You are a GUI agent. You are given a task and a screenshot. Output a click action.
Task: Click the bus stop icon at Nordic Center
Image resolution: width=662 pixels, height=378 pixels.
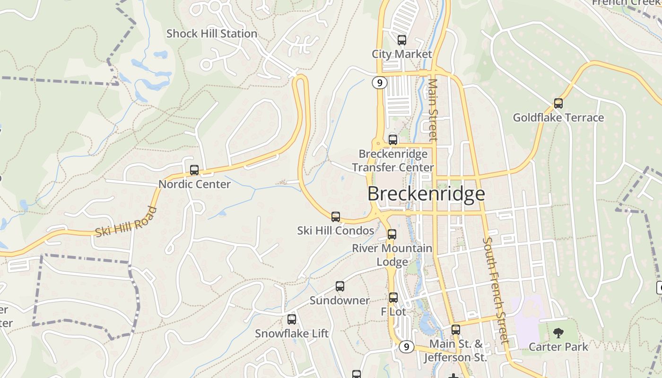coord(194,170)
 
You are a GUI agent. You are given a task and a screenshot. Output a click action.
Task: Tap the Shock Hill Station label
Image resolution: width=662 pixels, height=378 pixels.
coord(212,34)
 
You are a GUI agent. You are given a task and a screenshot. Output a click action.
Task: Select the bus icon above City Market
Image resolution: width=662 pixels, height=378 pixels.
coord(402,40)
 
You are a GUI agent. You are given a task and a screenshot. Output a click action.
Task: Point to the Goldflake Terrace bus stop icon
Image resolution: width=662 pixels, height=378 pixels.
coord(558,103)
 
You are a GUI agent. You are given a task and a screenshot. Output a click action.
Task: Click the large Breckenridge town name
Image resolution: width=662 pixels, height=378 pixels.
coord(426,194)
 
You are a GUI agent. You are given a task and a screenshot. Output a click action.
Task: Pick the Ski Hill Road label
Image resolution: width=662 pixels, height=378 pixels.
coord(126,222)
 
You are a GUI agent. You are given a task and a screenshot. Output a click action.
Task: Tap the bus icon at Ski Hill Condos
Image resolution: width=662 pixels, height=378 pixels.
coord(336,217)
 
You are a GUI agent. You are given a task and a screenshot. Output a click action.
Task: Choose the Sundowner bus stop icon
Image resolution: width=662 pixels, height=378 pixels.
coord(340,286)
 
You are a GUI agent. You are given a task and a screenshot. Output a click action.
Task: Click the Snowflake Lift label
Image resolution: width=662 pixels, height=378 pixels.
coord(292,333)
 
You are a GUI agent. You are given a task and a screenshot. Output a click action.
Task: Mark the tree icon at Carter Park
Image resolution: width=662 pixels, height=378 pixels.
coord(558,333)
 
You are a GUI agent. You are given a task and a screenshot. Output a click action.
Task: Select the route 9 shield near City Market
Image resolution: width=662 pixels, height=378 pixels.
coord(379,83)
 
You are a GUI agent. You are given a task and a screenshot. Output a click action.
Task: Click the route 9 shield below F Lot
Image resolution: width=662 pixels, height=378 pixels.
coord(406,347)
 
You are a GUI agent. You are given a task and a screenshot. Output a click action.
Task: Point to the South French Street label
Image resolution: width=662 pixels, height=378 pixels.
coord(496,290)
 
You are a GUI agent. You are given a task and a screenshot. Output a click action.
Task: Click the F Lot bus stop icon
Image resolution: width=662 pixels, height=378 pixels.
coord(393,298)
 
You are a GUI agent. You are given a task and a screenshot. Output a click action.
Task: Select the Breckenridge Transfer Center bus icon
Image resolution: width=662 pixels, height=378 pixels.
coord(393,139)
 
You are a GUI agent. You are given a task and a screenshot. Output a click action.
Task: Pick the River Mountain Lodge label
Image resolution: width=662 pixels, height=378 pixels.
coord(392,255)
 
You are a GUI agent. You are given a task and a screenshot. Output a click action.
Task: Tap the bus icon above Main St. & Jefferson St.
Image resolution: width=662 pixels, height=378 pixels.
coord(455,330)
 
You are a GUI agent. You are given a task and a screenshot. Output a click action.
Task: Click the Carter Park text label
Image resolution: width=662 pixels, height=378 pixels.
coord(558,347)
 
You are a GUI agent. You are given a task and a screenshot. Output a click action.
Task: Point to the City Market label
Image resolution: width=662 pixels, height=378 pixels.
coord(402,54)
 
